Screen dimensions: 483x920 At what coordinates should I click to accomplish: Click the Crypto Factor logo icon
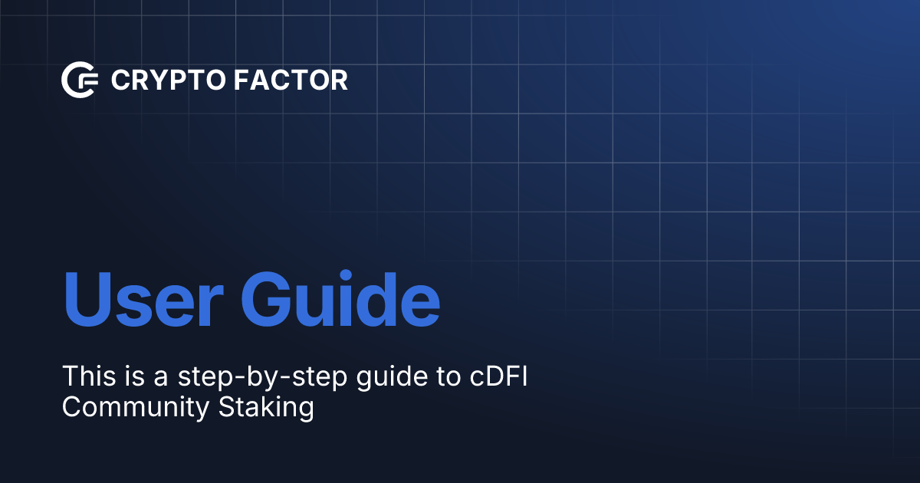pos(80,80)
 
